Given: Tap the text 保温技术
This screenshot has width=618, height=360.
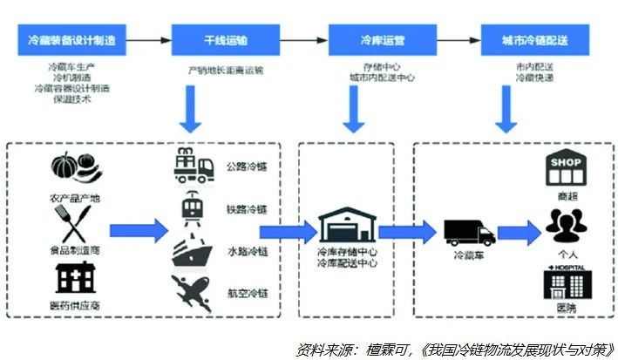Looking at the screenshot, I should point(71,98).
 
